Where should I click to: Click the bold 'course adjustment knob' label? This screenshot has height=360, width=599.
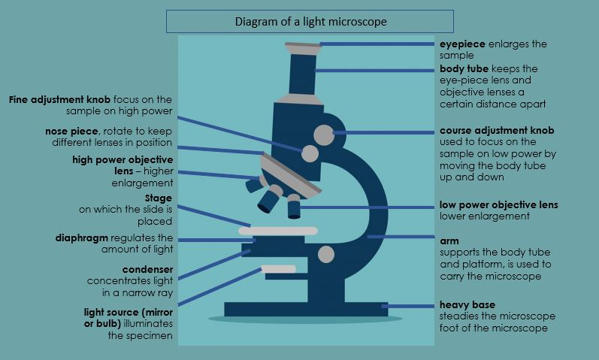497,131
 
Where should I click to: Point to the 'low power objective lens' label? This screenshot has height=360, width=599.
498,205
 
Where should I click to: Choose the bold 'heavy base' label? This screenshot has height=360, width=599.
467,305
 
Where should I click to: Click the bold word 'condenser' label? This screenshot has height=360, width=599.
147,269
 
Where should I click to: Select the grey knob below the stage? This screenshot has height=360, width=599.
325,254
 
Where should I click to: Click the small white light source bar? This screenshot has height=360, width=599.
278,268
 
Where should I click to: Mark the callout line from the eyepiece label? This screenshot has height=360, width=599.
379,44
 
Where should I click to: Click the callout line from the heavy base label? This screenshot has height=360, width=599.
410,306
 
